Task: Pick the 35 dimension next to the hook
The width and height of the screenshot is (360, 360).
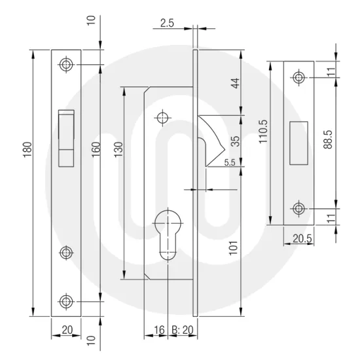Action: tap(235, 140)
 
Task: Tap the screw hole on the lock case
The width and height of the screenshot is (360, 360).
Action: tap(162, 118)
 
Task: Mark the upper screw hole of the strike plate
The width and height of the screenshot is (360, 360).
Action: tap(299, 78)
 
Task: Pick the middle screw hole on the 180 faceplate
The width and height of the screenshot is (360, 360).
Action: tap(66, 252)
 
